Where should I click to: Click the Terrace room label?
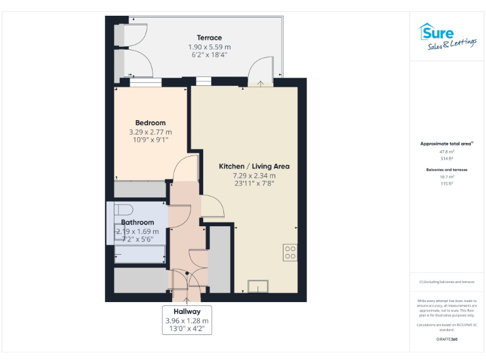point(209,38)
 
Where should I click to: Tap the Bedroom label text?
point(150,123)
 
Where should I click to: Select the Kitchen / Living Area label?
point(254,166)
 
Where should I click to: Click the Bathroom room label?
point(137,222)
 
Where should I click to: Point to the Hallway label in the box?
point(187,312)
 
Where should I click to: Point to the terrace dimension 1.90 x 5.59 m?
point(209,47)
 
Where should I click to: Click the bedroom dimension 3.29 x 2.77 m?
point(150,132)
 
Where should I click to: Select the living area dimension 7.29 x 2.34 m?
point(254,176)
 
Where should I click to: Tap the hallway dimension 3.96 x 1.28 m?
point(187,320)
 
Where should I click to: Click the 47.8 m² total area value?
point(447,152)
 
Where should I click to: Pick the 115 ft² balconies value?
point(447,183)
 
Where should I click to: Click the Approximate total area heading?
point(447,144)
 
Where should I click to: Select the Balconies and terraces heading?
point(447,170)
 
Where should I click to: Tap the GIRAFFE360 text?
point(447,340)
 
